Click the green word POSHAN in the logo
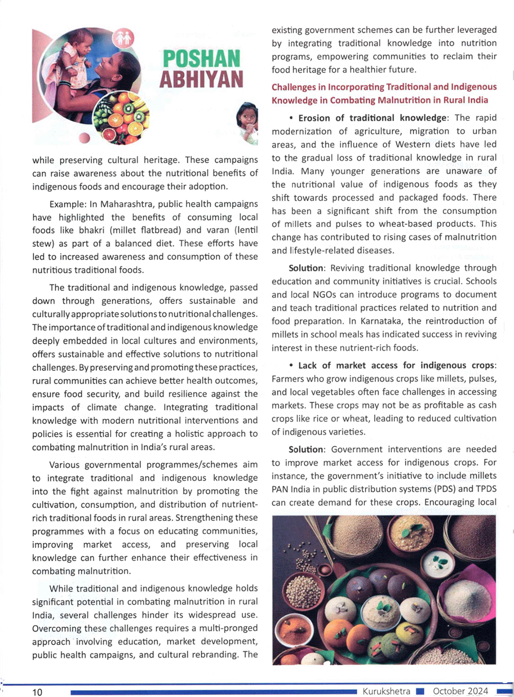pyautogui.click(x=201, y=59)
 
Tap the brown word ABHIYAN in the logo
pyautogui.click(x=201, y=80)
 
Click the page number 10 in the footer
pyautogui.click(x=38, y=692)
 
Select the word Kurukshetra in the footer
pyautogui.click(x=387, y=691)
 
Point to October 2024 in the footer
pyautogui.click(x=461, y=691)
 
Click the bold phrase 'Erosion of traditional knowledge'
pyautogui.click(x=373, y=118)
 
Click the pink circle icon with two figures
pyautogui.click(x=123, y=38)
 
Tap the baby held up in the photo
pyautogui.click(x=75, y=57)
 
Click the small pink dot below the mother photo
pyautogui.click(x=85, y=137)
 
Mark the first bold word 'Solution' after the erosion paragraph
pyautogui.click(x=306, y=268)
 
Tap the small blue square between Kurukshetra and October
pyautogui.click(x=420, y=691)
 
